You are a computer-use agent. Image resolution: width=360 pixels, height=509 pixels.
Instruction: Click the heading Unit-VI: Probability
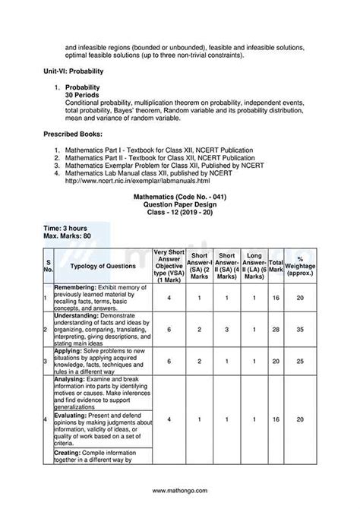[x=73, y=71]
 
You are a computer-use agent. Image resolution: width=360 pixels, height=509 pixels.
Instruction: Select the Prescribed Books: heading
[x=73, y=134]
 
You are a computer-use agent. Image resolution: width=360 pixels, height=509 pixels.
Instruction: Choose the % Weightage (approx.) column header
[x=301, y=267]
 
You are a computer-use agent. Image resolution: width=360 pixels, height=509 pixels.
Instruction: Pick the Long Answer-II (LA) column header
[x=254, y=267]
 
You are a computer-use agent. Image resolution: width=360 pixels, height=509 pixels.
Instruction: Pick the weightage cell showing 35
[x=301, y=329]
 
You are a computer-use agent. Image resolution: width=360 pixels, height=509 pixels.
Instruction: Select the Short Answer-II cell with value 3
[x=226, y=329]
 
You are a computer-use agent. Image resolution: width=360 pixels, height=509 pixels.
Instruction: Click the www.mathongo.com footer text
[x=180, y=491]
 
